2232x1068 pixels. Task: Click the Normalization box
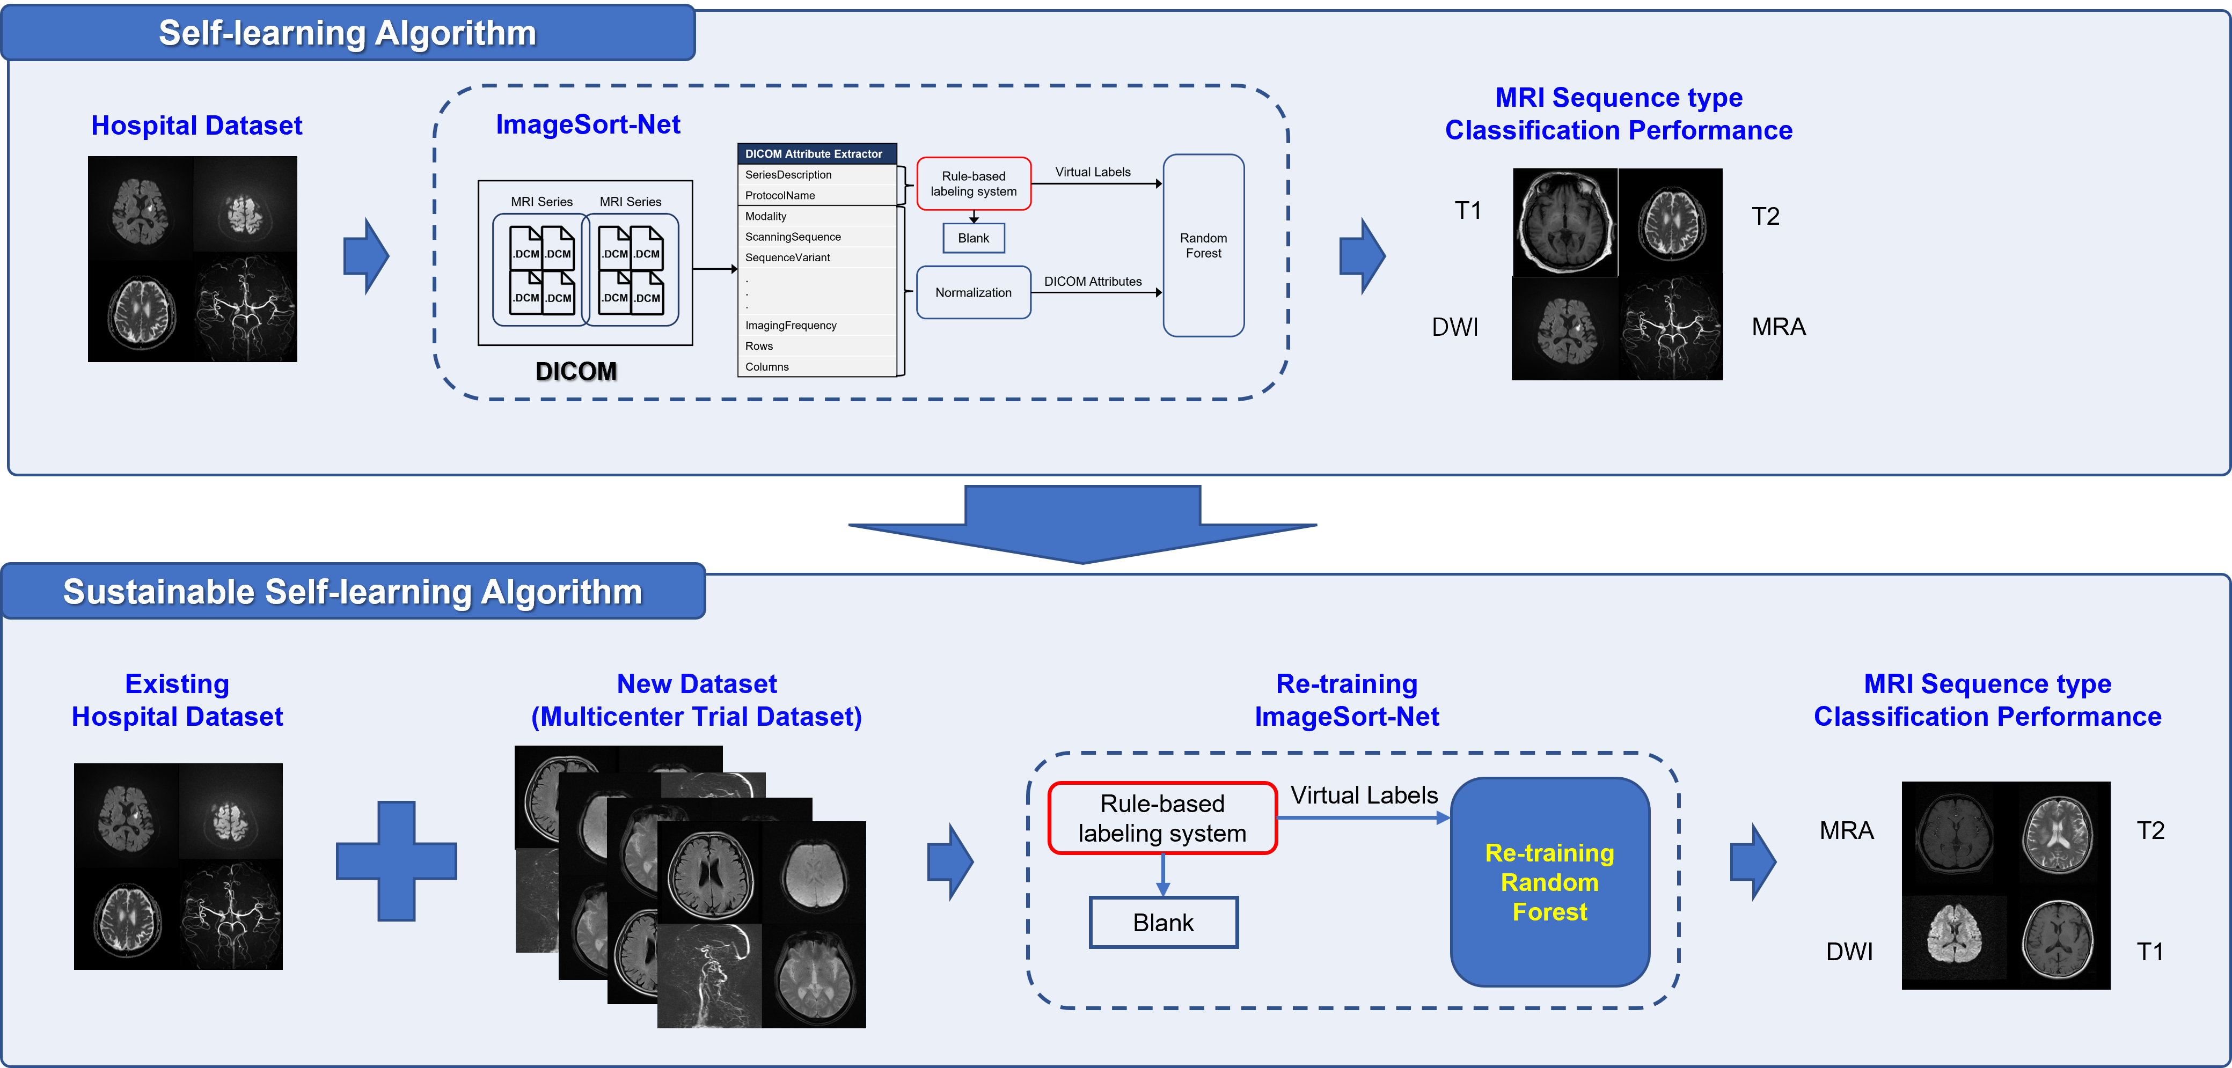[x=973, y=293]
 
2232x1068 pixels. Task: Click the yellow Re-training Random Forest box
[x=1549, y=882]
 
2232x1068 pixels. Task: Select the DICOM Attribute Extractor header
[x=815, y=154]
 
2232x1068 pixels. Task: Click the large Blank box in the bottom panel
[x=1163, y=923]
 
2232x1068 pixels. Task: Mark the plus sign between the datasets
[x=397, y=860]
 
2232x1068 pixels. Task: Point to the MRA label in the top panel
[x=1778, y=327]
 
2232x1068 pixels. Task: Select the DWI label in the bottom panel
[x=1849, y=952]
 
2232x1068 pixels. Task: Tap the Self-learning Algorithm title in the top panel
[x=347, y=33]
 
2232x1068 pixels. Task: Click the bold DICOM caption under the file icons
[x=577, y=372]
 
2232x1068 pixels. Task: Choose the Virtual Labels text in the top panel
[x=1093, y=172]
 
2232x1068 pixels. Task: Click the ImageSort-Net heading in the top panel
[x=588, y=125]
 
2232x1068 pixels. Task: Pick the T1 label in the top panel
[x=1467, y=210]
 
